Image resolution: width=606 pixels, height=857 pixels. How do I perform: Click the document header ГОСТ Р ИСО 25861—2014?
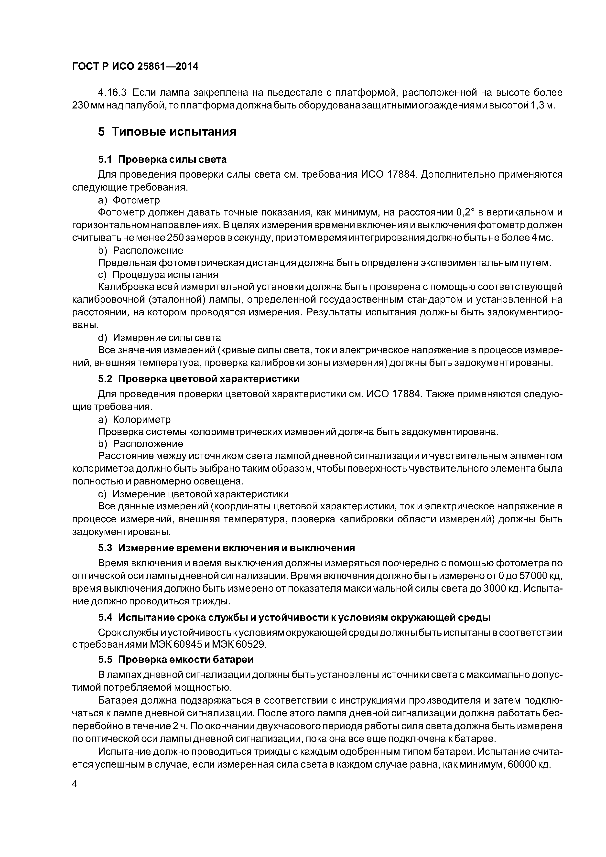click(135, 66)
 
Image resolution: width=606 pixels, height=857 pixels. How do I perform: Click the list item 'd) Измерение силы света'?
click(159, 338)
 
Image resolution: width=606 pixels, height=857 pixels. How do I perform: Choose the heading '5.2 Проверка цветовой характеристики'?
click(199, 379)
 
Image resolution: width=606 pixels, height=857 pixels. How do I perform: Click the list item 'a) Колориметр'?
click(134, 419)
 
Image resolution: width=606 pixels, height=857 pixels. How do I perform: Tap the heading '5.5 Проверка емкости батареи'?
click(176, 660)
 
